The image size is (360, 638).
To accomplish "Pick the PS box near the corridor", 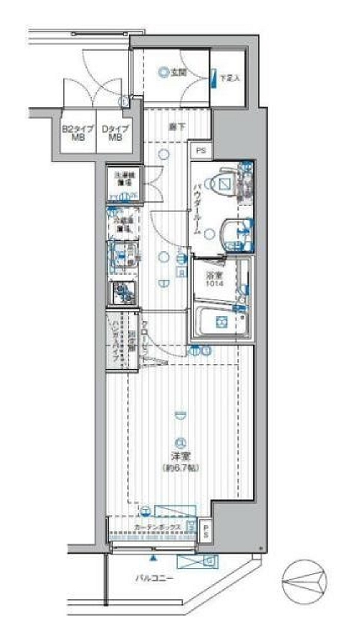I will click(x=200, y=151).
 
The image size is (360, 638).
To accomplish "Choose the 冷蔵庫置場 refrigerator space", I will click(x=123, y=222).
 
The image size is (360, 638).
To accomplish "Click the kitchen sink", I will click(x=122, y=255).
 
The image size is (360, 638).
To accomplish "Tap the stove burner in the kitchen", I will click(x=122, y=292).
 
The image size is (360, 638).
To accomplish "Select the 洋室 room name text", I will click(x=180, y=457).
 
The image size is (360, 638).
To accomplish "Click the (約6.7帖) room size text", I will click(x=180, y=468).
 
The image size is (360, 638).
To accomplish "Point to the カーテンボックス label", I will click(x=155, y=528).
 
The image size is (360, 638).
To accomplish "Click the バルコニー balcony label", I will click(x=152, y=579).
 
